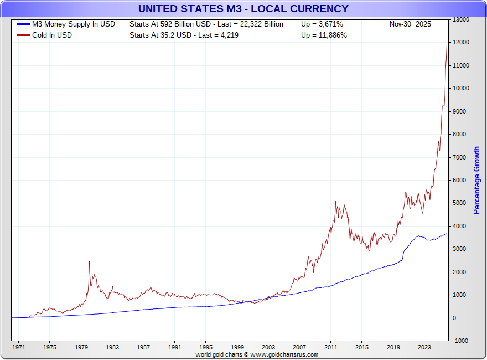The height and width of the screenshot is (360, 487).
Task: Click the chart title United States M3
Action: pos(243,8)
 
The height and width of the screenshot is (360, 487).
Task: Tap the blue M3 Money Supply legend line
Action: pos(24,24)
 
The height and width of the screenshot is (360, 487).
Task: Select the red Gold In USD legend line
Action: pos(24,35)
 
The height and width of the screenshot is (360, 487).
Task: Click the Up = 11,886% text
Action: pos(324,35)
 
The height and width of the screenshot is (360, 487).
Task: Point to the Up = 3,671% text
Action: pos(322,24)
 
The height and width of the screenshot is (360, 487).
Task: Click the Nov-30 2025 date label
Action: pos(410,24)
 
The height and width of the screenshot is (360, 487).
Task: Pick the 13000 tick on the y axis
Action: pos(461,19)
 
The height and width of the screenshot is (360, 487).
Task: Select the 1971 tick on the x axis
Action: pos(18,348)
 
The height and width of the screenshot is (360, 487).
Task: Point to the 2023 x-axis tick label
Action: pos(424,348)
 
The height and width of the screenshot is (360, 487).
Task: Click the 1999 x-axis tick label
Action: pos(237,348)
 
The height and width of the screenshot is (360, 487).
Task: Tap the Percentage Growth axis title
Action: pos(476,181)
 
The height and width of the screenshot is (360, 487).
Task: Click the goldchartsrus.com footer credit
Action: pos(257,354)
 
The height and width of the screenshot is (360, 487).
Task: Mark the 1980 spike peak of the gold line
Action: pos(89,261)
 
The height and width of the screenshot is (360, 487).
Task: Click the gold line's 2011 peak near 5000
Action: pos(336,202)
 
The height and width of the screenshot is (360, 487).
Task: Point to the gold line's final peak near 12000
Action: pos(447,45)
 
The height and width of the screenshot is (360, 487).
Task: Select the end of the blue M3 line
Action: pos(447,234)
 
